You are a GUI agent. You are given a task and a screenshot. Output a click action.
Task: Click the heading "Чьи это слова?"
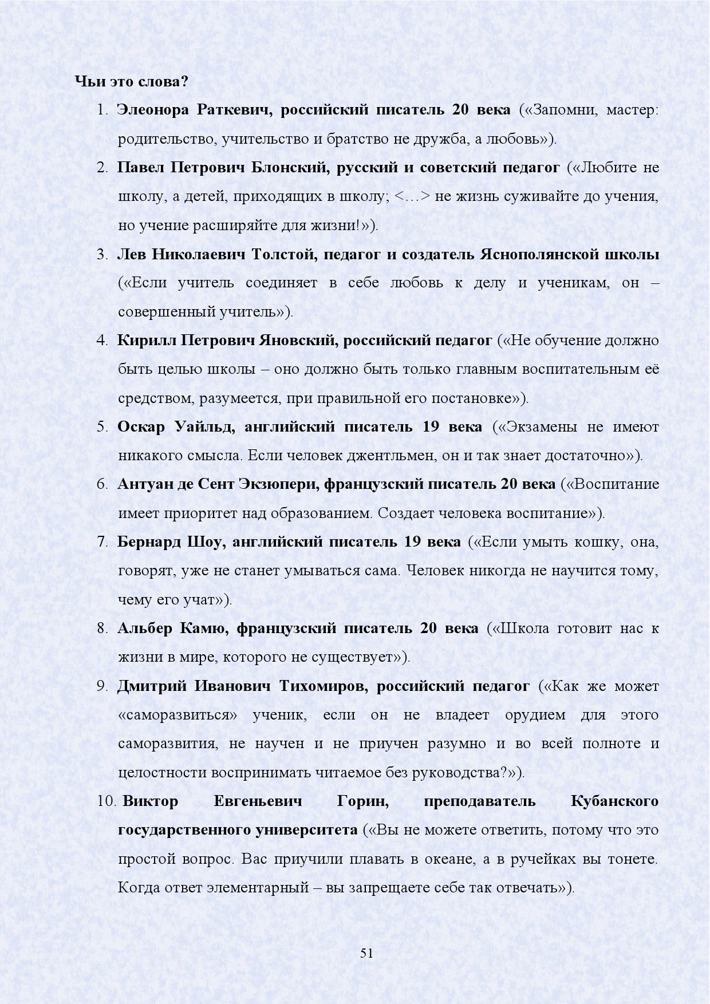coord(132,81)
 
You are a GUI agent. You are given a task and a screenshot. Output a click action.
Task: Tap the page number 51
coord(366,953)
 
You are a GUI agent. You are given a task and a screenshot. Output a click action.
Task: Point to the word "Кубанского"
coord(615,801)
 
